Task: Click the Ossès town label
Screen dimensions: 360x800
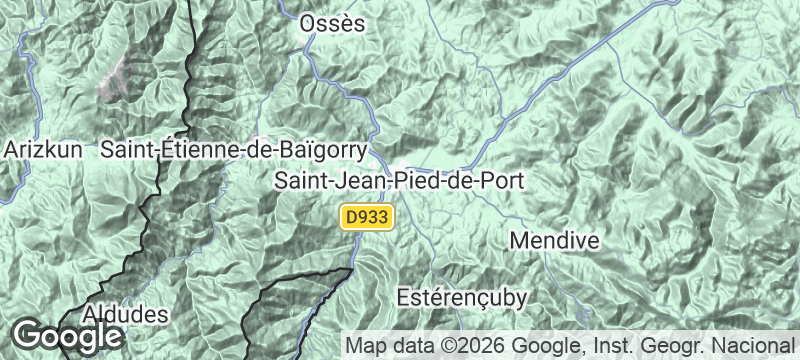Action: [x=333, y=24]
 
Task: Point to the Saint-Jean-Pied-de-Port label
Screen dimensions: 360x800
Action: [x=400, y=182]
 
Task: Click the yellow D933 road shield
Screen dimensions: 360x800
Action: [x=369, y=217]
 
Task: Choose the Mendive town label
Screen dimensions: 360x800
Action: [x=554, y=241]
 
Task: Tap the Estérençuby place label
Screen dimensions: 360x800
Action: [x=461, y=297]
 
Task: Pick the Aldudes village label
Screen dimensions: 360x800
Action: [x=125, y=314]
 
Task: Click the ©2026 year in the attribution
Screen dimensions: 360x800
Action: [x=471, y=346]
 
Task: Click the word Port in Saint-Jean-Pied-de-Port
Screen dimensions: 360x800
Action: [x=504, y=182]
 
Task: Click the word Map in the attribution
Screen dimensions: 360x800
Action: [x=363, y=346]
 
